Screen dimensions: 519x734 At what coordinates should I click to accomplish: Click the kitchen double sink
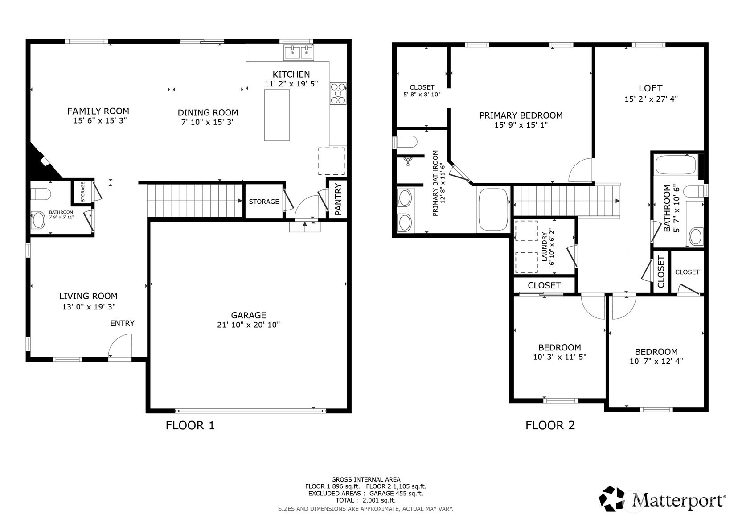(x=299, y=52)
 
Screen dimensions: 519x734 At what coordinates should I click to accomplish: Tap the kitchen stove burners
(x=338, y=93)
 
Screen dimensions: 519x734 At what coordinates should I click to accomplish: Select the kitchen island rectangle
(x=277, y=115)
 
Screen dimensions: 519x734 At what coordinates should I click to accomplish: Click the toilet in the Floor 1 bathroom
(x=41, y=194)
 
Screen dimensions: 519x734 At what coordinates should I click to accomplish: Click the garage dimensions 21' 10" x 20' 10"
(x=248, y=325)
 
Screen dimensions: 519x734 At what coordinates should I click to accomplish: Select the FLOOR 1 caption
(x=190, y=425)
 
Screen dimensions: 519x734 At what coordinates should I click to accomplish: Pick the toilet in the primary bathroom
(x=406, y=142)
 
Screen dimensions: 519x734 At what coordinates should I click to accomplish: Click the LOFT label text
(x=650, y=88)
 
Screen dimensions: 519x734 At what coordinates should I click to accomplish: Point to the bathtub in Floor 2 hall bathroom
(x=676, y=165)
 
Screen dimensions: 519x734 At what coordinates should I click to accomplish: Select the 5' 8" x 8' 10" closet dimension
(x=422, y=95)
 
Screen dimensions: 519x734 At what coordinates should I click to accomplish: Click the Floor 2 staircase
(x=566, y=201)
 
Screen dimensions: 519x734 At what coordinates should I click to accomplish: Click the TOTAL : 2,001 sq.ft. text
(x=365, y=500)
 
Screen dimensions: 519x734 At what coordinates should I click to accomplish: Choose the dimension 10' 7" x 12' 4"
(x=656, y=362)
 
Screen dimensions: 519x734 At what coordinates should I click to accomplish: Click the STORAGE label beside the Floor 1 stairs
(x=264, y=202)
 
